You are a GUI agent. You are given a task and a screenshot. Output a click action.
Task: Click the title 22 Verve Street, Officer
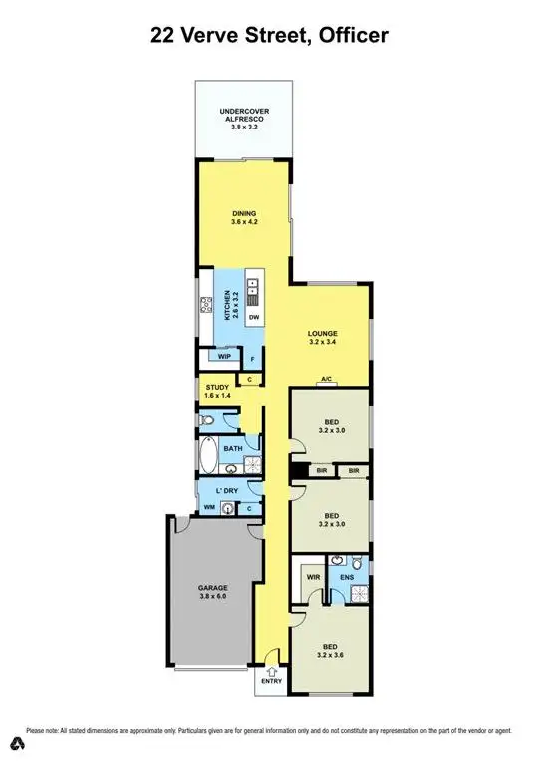[x=269, y=36]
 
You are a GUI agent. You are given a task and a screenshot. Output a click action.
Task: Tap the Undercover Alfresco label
[x=243, y=120]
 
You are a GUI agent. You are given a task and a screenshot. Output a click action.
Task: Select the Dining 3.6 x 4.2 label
[x=245, y=217]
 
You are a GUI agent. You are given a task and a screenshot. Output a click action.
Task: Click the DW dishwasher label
[x=254, y=318]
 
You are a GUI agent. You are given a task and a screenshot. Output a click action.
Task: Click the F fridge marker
[x=253, y=359]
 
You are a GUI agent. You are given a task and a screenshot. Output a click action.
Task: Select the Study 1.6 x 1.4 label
[x=217, y=392]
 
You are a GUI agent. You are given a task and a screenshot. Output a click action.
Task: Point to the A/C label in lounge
[x=326, y=380]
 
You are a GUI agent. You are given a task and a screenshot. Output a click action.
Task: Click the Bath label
[x=233, y=449]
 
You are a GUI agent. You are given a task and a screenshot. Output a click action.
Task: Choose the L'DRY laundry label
[x=224, y=491]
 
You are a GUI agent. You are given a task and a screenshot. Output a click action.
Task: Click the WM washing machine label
[x=209, y=508]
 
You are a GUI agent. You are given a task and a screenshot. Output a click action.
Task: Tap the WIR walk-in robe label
[x=312, y=576]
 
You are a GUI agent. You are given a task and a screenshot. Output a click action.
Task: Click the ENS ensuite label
[x=348, y=576]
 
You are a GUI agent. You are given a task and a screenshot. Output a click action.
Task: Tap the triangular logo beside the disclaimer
[x=16, y=742]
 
